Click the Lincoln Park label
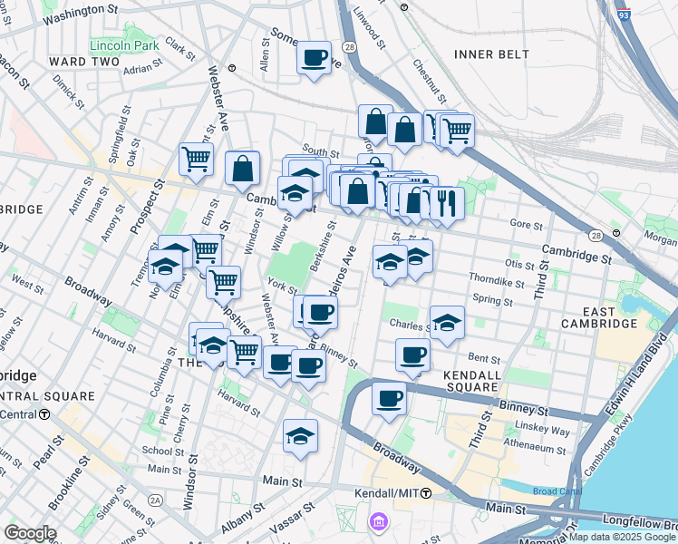click(x=124, y=44)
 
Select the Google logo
click(x=30, y=533)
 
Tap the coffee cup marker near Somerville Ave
click(x=315, y=57)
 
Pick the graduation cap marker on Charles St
click(x=446, y=324)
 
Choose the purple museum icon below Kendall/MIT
click(x=380, y=522)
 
